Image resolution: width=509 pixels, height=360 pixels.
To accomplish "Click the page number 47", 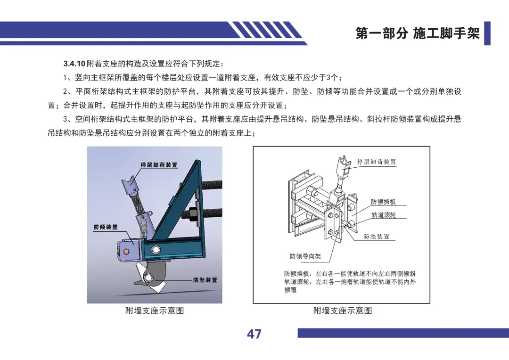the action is pos(254,334).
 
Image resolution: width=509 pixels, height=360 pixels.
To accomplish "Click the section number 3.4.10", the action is pos(74,64).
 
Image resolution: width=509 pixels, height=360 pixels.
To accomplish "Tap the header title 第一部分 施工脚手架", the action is pos(417,33).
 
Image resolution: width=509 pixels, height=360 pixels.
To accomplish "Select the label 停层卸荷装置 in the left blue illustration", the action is pos(159,165).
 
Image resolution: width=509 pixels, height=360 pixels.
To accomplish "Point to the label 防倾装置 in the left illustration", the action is pos(106,227).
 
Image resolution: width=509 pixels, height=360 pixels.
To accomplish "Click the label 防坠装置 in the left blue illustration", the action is pos(205,280).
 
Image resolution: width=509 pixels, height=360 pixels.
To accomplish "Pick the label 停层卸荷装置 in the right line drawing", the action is pos(377,162).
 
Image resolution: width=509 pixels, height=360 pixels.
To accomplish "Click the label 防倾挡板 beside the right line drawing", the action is pos(383,202).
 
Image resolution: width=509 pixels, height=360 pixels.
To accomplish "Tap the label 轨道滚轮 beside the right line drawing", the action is pos(384,215).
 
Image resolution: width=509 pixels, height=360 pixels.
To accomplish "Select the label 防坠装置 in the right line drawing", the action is pos(376,237).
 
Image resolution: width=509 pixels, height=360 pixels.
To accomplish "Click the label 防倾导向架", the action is pos(305,256).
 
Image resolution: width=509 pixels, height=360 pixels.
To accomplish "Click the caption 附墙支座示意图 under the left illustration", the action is pos(155,311).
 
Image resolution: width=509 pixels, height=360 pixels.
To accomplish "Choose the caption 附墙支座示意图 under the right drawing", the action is pos(343,311).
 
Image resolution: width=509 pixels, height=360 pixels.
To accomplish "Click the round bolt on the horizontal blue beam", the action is pos(156,250).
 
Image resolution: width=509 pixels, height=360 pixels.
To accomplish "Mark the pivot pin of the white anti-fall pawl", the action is pos(149,277).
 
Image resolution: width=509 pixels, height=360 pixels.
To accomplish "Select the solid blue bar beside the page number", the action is pos(403,333).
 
